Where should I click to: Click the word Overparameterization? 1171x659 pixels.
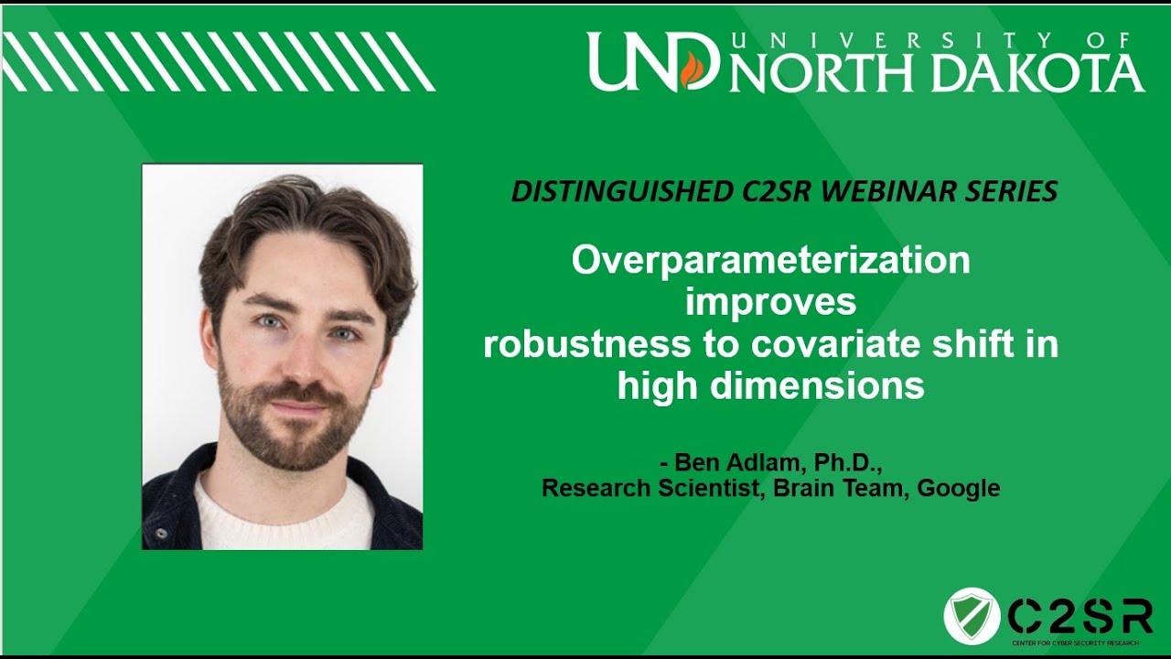(770, 261)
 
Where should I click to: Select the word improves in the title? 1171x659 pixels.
(770, 302)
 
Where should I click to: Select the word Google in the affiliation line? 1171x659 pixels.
(958, 488)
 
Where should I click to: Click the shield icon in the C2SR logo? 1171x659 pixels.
(972, 616)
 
